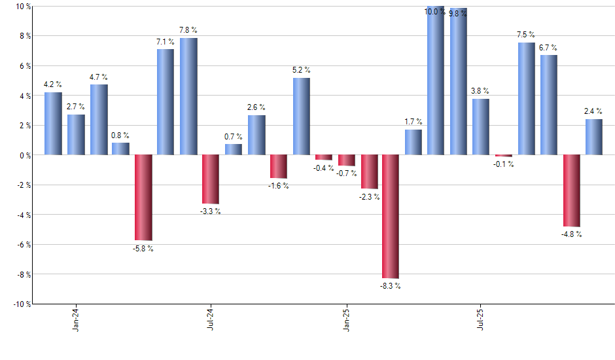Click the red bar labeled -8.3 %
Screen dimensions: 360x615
391,216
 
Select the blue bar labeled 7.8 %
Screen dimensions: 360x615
188,96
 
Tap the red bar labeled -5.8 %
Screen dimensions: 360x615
143,198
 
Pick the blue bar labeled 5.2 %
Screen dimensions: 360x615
302,116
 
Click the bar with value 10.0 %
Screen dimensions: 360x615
436,81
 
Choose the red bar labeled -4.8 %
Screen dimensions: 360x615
571,190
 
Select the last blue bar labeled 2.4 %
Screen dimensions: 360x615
594,137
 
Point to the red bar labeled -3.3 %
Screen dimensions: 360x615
211,179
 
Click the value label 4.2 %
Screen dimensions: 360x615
53,84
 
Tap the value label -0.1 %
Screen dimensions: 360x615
504,164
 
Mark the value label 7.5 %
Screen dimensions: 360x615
525,35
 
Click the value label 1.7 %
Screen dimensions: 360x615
413,122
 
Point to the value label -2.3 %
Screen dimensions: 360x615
370,197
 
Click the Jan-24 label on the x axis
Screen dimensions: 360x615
77,317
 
